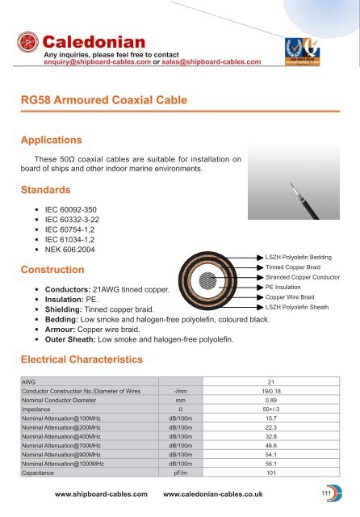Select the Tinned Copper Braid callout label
point(294,267)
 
